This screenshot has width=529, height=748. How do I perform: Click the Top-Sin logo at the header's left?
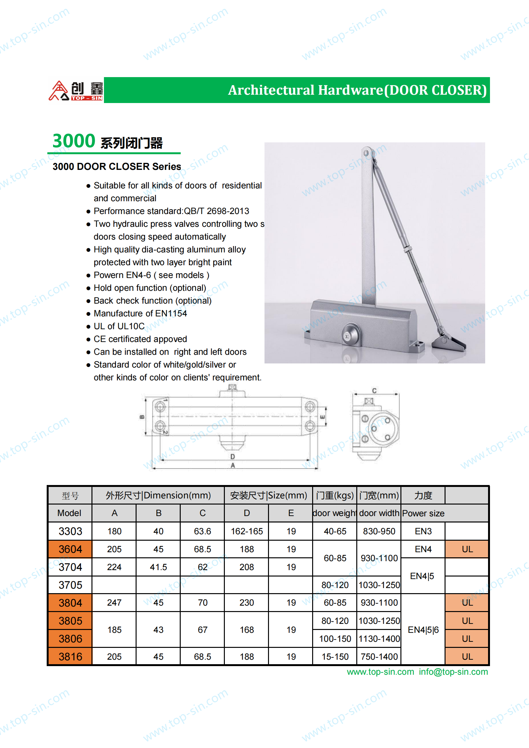(75, 91)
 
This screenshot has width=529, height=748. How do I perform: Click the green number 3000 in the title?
(74, 141)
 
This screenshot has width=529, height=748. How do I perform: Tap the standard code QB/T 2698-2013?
(216, 211)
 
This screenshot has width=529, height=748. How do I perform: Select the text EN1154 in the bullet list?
(171, 314)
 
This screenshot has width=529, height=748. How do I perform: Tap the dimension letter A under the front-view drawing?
(233, 466)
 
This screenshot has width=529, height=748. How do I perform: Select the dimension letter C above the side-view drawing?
(374, 391)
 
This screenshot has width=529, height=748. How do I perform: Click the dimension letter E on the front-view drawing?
(322, 417)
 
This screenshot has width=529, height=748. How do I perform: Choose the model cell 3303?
(70, 531)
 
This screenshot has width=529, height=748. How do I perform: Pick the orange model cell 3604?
(70, 549)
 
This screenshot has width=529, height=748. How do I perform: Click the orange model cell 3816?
(70, 656)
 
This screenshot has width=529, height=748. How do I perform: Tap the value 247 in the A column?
(114, 603)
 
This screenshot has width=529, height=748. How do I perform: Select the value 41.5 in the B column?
(158, 567)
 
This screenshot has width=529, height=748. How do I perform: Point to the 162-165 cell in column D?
(247, 531)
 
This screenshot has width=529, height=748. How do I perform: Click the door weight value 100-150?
(335, 639)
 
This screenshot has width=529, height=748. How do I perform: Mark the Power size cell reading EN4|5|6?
(423, 630)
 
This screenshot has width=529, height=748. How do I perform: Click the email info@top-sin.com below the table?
(453, 672)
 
